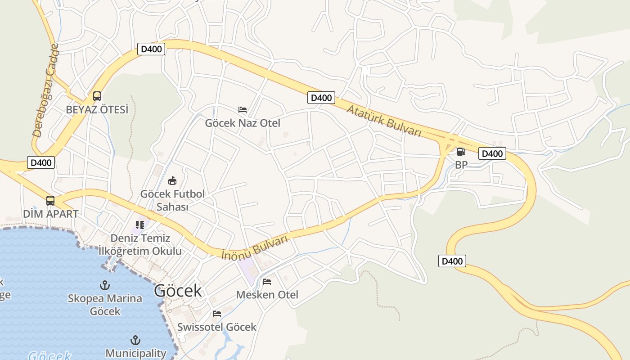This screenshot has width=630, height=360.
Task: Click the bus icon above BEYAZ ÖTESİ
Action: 97,96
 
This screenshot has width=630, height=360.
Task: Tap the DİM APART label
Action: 51,214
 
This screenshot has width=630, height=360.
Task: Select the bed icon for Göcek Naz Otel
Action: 243,109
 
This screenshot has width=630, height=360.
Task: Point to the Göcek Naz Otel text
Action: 243,123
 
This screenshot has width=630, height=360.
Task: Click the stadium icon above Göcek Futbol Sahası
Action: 172,181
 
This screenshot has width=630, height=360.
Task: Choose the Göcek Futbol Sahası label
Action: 172,200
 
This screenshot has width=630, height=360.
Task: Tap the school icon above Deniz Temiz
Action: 140,225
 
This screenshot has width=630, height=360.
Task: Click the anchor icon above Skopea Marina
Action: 105,285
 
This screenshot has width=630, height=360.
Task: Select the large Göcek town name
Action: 178,291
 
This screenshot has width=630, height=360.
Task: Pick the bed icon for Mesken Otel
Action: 267,282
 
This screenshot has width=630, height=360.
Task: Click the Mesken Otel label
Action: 267,295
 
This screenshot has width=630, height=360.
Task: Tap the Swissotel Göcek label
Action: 217,327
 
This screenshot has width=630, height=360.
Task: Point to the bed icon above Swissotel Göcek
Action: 217,313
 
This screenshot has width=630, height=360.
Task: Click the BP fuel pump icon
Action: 461,152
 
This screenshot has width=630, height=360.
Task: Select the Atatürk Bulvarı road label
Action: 384,120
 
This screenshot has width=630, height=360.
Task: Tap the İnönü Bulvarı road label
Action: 255,248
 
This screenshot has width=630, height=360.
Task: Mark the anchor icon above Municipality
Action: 135,340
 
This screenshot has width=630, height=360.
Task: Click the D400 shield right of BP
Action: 492,153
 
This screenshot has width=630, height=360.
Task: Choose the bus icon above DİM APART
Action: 50,200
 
